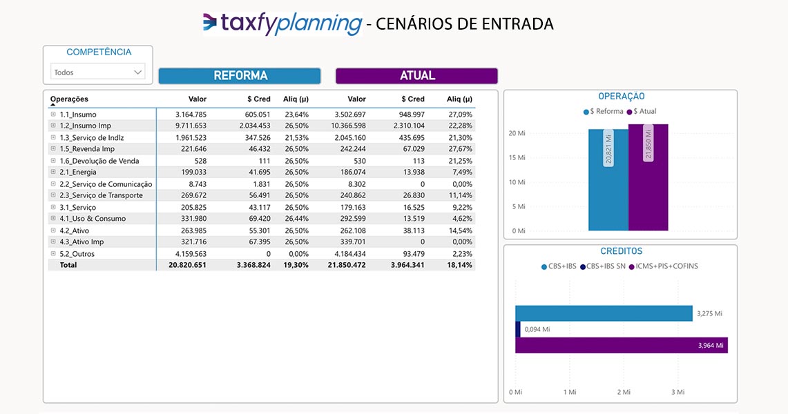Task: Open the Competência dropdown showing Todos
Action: point(98,72)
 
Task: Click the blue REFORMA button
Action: point(240,76)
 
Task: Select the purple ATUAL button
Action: point(416,76)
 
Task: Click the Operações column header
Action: point(69,99)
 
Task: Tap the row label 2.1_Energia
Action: point(78,172)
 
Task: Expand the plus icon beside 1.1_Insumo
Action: point(53,114)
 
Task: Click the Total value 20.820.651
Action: point(187,265)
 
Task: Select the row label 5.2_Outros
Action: point(77,253)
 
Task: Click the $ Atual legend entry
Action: point(642,111)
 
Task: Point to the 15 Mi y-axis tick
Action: point(517,158)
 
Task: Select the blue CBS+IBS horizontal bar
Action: point(604,313)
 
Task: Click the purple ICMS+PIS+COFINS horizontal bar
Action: point(622,345)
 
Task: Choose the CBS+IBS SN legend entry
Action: point(602,266)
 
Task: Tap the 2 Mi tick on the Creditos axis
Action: point(624,392)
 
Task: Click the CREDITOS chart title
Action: point(621,252)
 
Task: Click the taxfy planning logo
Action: point(282,23)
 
